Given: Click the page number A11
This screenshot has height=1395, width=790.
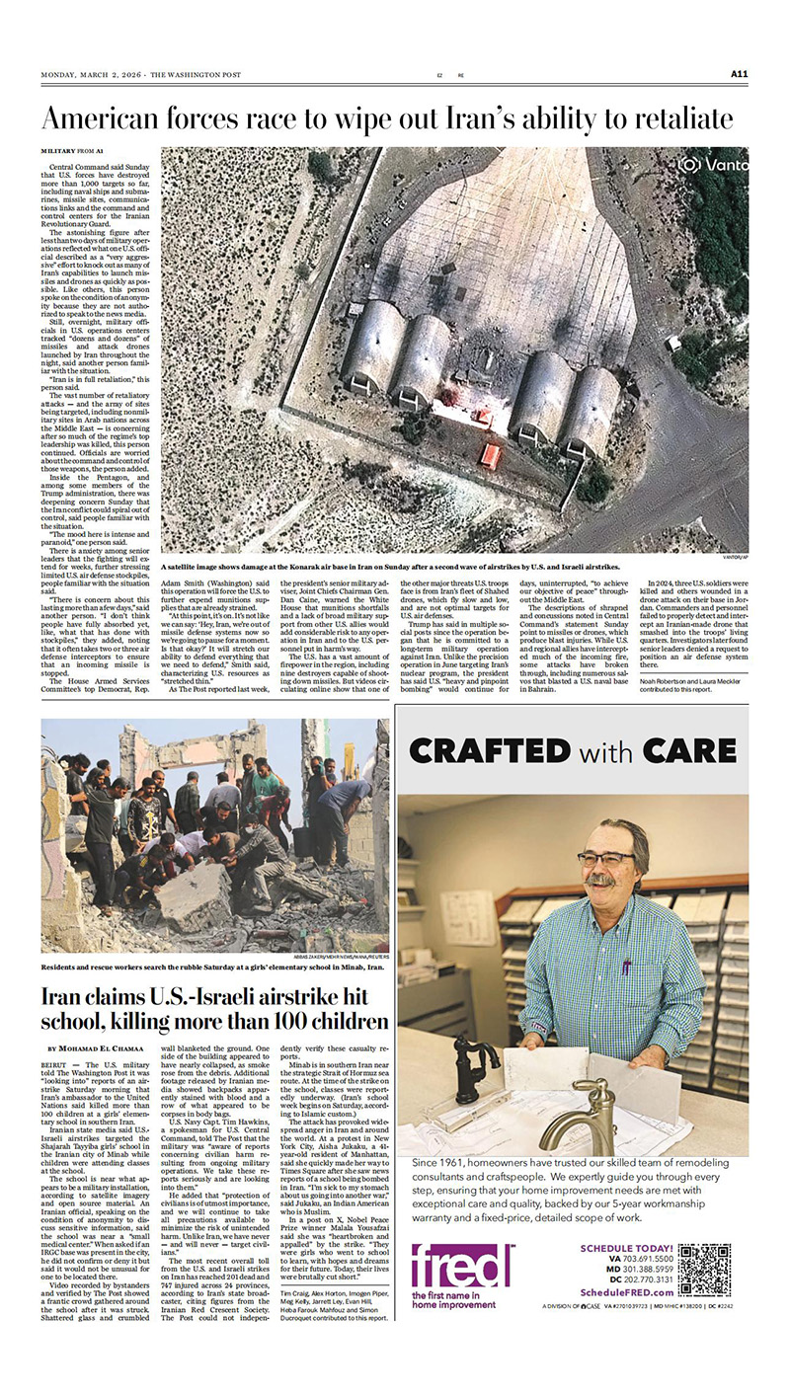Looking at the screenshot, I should [740, 73].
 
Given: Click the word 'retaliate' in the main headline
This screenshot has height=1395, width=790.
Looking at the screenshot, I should [678, 118].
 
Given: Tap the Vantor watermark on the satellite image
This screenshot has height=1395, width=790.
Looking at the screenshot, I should [713, 165].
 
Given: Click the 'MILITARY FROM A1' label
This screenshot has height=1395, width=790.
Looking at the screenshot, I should [75, 150].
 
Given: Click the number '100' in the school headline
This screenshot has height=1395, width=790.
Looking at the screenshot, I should [275, 1022].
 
